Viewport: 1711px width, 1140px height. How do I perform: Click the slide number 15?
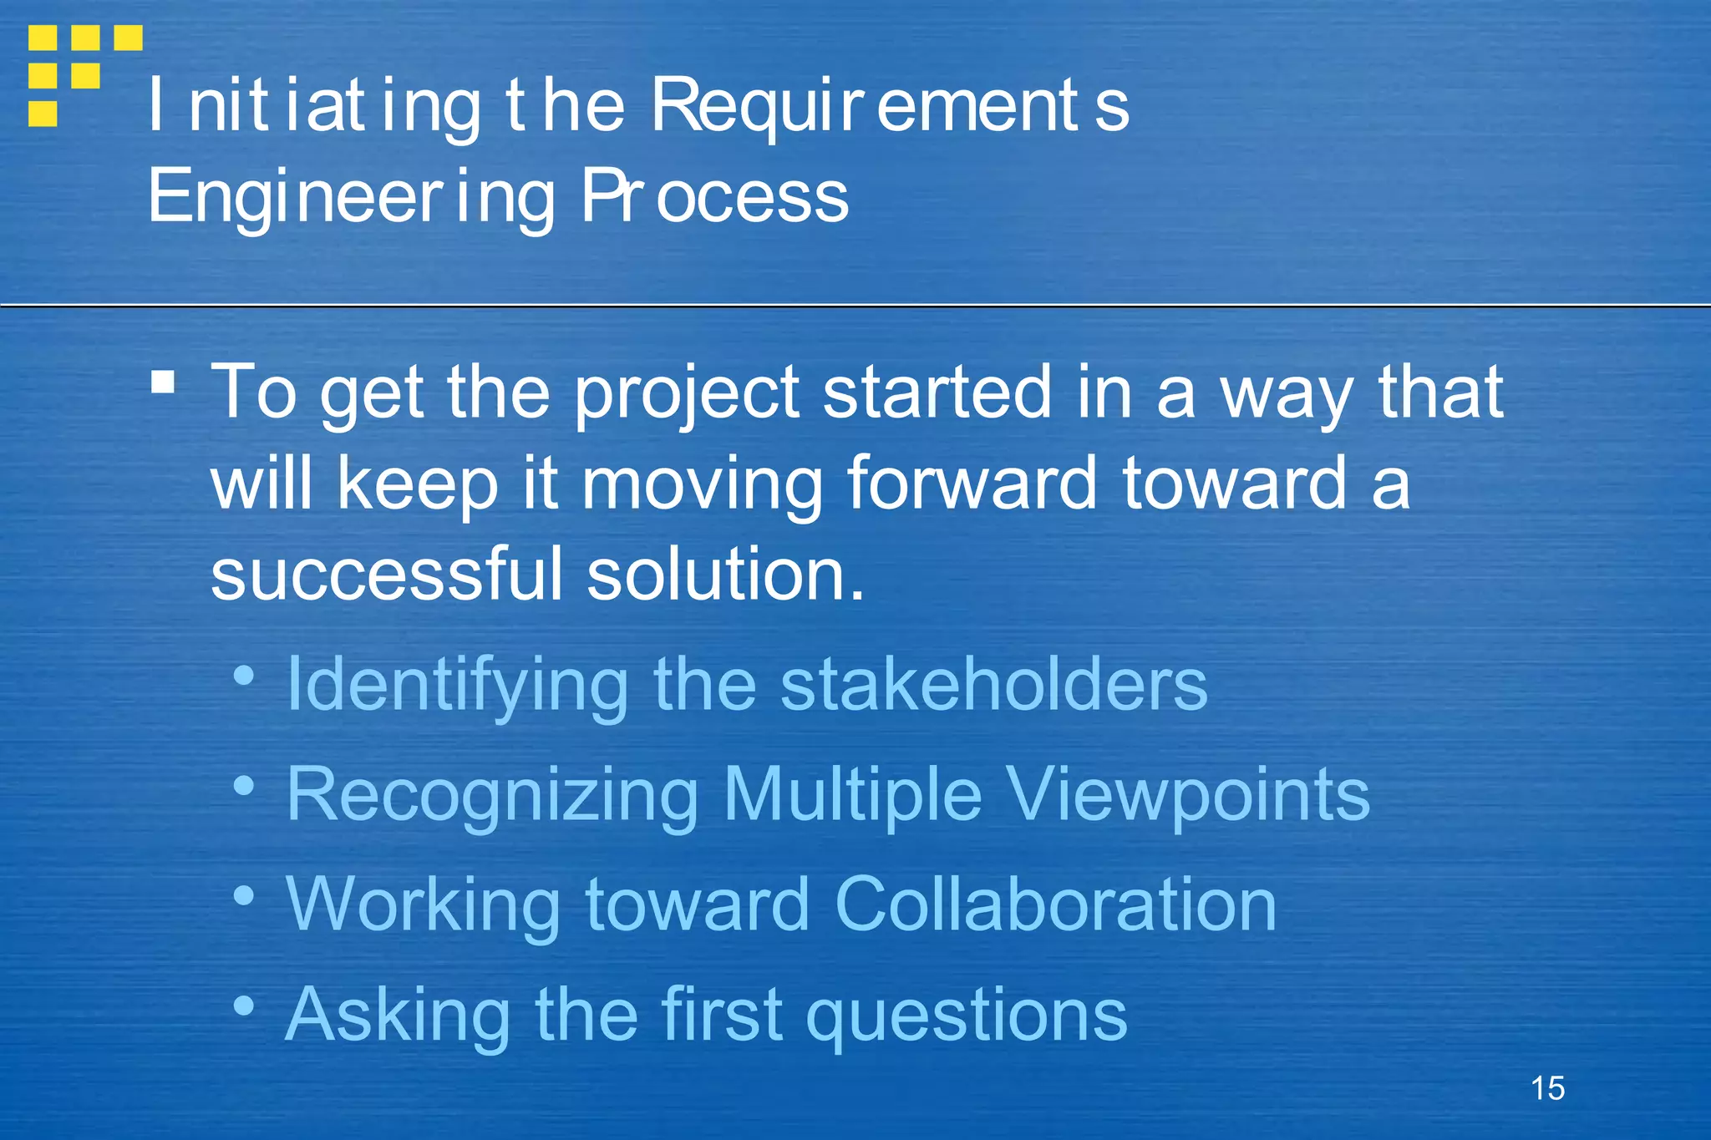(x=1547, y=1088)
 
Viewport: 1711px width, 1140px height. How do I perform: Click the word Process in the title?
(x=715, y=197)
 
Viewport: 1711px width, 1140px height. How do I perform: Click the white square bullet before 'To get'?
(x=163, y=383)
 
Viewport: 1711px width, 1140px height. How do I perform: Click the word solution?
(x=725, y=574)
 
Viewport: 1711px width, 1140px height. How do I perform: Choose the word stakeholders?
(x=993, y=684)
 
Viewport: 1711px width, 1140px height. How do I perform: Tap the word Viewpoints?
(x=1187, y=795)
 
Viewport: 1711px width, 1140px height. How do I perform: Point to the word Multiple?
(x=852, y=795)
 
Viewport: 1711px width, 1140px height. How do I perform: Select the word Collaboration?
(x=1055, y=904)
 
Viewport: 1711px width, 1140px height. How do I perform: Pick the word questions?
(x=967, y=1016)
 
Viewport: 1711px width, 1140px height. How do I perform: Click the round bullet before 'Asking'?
(x=243, y=1005)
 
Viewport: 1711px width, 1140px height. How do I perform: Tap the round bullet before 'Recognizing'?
(x=243, y=785)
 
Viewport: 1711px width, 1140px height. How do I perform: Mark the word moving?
(x=702, y=484)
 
